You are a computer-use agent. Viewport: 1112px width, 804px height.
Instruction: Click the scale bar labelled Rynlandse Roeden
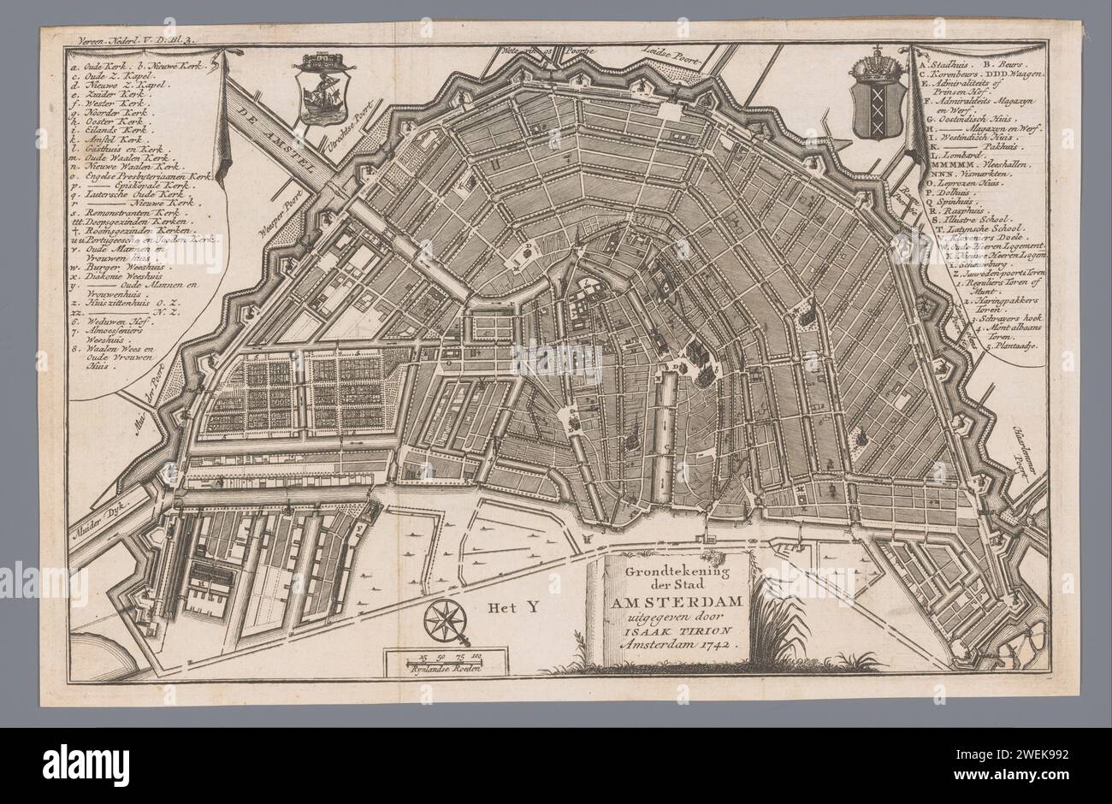(x=435, y=663)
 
